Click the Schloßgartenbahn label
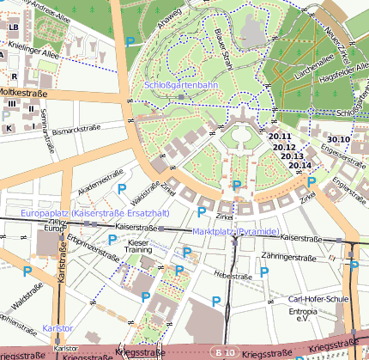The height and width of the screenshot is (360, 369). [x=181, y=86]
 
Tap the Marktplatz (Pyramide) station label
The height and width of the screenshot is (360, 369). [x=235, y=233]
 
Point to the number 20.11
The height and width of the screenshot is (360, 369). [x=281, y=137]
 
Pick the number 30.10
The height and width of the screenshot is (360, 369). [x=338, y=139]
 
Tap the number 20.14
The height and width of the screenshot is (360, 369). [x=299, y=165]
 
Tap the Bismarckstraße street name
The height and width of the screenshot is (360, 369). [x=76, y=131]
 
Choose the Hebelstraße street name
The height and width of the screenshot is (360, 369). [x=233, y=276]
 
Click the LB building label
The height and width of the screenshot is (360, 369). [x=12, y=27]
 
